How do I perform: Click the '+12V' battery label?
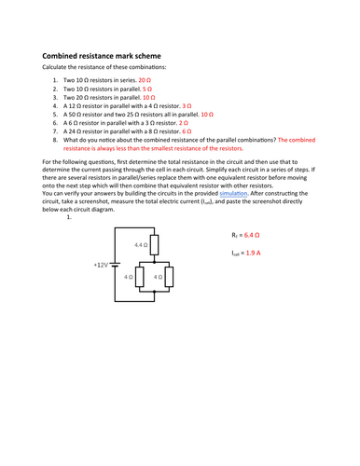click(102, 264)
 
